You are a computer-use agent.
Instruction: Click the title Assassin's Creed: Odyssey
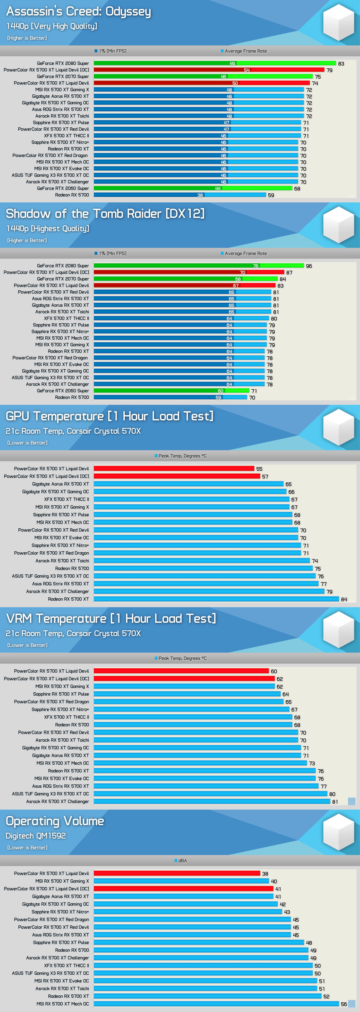(x=79, y=12)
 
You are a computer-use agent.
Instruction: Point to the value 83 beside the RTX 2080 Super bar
(x=341, y=64)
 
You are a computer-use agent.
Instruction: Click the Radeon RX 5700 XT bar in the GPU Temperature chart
(x=216, y=599)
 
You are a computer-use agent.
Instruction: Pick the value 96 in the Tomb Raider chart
(x=309, y=266)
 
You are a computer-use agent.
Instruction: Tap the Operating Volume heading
(x=55, y=821)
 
